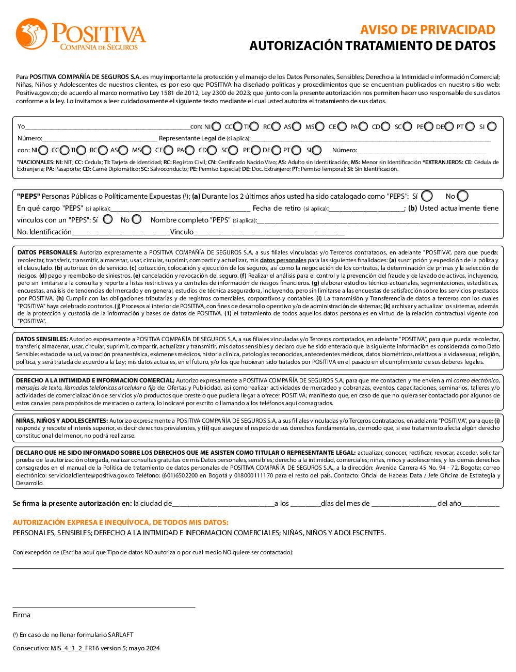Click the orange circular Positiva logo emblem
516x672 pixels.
31,34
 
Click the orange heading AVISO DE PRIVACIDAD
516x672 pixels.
427,30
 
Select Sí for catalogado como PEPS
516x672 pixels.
427,196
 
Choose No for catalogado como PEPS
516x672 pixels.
462,196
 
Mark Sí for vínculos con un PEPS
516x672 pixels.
108,219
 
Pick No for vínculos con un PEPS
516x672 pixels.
136,219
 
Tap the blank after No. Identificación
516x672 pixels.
121,233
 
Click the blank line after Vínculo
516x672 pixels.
269,233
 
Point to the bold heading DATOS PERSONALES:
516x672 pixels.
47,253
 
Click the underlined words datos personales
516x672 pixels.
283,261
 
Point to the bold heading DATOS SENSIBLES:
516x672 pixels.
42,340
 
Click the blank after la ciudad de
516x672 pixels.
223,504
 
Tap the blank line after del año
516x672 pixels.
480,504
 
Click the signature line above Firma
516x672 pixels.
104,606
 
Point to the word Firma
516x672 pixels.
22,615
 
